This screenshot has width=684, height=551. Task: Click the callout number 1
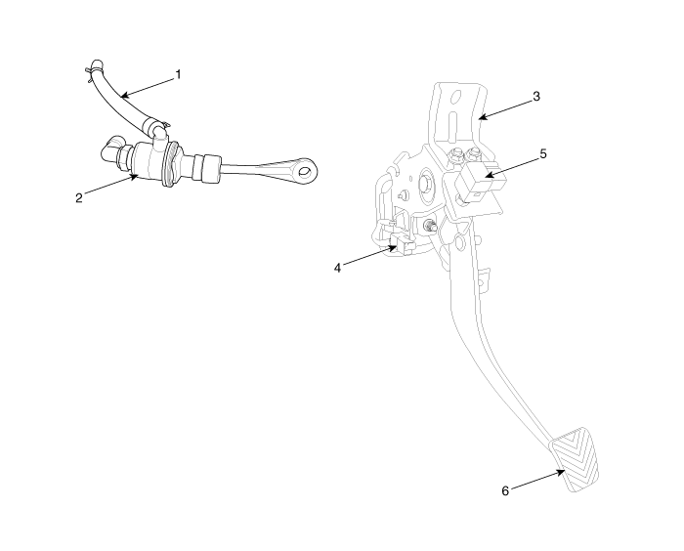178,75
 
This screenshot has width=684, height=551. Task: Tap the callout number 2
78,198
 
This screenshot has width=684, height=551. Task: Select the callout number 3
536,97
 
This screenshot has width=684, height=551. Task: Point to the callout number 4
337,268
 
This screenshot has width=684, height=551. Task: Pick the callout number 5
543,154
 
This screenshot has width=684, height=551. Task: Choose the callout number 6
505,491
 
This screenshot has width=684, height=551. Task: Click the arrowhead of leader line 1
124,95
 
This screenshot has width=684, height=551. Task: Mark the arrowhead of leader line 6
562,472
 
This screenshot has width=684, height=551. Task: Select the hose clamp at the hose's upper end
95,68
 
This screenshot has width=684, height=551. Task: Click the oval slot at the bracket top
456,97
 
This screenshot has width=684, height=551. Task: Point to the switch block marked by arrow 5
481,180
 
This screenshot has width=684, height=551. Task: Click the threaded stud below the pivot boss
430,227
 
